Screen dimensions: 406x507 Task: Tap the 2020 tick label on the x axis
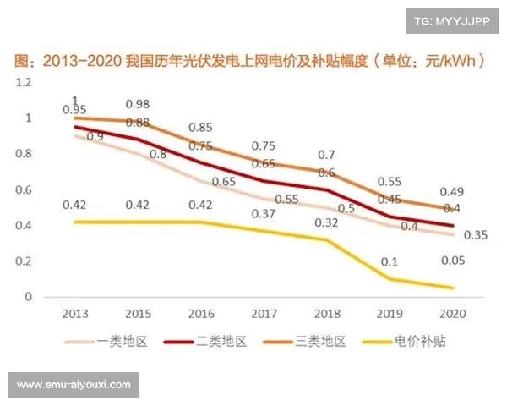tap(453, 313)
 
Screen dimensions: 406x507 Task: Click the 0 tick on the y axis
tap(28, 297)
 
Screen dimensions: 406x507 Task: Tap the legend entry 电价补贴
tap(420, 341)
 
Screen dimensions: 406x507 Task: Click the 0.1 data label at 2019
tap(390, 261)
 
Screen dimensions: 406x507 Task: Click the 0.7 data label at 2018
tap(326, 155)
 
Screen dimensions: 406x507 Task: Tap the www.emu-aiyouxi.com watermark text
tap(74, 384)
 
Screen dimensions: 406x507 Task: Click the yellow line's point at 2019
tap(390, 279)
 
